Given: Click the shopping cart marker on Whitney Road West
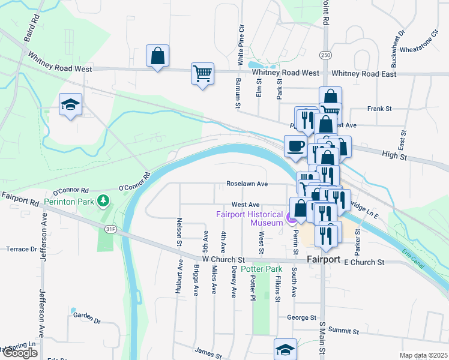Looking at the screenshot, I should (x=202, y=74).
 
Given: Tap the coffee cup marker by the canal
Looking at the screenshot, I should (x=295, y=146).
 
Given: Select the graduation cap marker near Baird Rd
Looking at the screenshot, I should (x=70, y=105).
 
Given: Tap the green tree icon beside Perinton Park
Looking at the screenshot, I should (x=103, y=199).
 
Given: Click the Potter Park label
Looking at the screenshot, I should (x=261, y=269).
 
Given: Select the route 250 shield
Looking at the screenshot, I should (x=325, y=55).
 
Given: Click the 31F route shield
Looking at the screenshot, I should (x=110, y=229).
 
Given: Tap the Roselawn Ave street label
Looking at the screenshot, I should (x=247, y=184).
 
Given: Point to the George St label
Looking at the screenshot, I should (x=301, y=317).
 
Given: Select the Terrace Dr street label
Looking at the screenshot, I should (x=22, y=248).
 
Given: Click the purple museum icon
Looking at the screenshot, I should (x=291, y=218).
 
